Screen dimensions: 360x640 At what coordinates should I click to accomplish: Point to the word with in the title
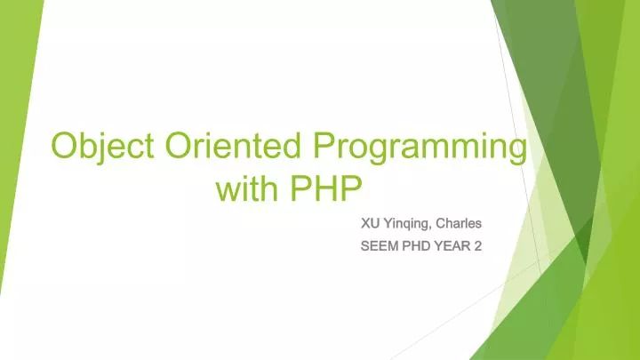(248, 189)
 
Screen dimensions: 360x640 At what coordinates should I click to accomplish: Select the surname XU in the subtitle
(369, 223)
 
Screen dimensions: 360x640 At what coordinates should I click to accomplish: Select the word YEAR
(456, 245)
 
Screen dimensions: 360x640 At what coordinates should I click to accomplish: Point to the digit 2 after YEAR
(477, 245)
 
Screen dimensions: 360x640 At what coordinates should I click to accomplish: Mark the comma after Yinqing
(431, 228)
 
